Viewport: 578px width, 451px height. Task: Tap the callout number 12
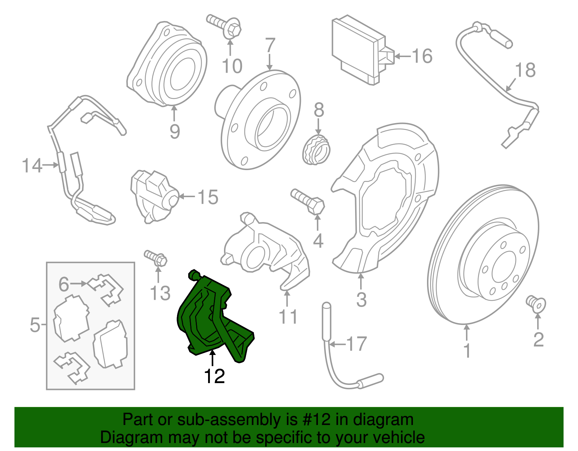click(x=214, y=376)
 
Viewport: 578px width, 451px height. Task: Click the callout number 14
click(x=32, y=165)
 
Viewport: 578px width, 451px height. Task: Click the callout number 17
click(x=357, y=344)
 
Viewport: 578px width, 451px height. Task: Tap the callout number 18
click(x=525, y=70)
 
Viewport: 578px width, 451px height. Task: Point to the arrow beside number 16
click(x=403, y=56)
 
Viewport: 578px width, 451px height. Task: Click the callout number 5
click(x=35, y=325)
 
